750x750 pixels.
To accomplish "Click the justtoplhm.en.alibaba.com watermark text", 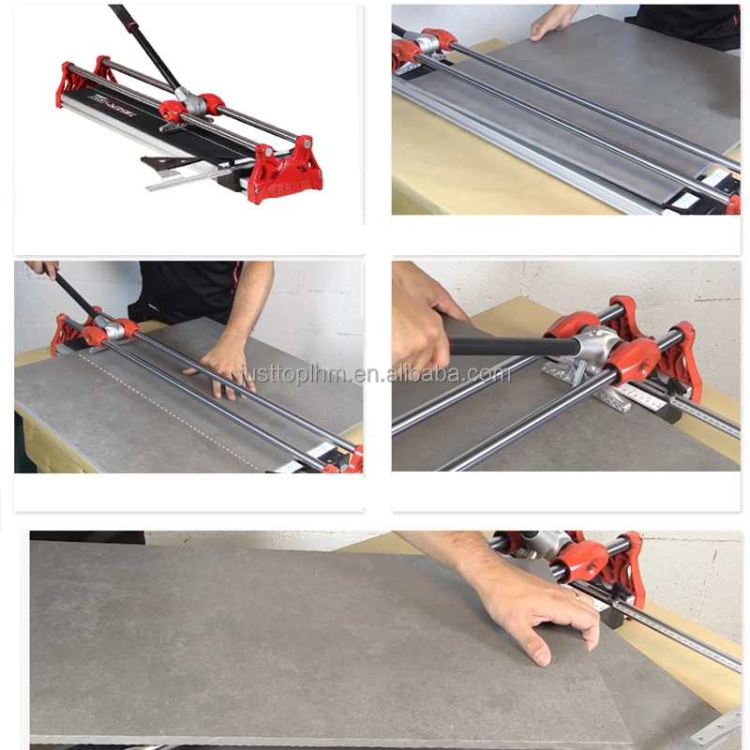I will tap(375, 375).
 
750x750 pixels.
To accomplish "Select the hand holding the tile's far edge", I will tap(553, 22).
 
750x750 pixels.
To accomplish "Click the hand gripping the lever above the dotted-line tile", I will tap(42, 269).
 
